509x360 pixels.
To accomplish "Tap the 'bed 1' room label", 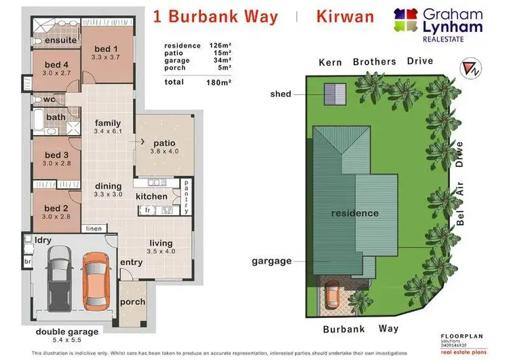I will (x=107, y=49).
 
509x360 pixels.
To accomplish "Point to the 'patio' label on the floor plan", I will (x=165, y=143).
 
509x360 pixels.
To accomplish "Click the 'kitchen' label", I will (x=151, y=196).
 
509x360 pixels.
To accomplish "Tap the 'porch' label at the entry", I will (x=132, y=302).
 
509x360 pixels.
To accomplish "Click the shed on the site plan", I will (x=332, y=93).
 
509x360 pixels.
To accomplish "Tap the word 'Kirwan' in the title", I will (x=345, y=16).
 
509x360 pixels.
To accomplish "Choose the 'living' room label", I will (x=161, y=242).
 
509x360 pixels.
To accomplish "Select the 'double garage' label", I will (x=67, y=332).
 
